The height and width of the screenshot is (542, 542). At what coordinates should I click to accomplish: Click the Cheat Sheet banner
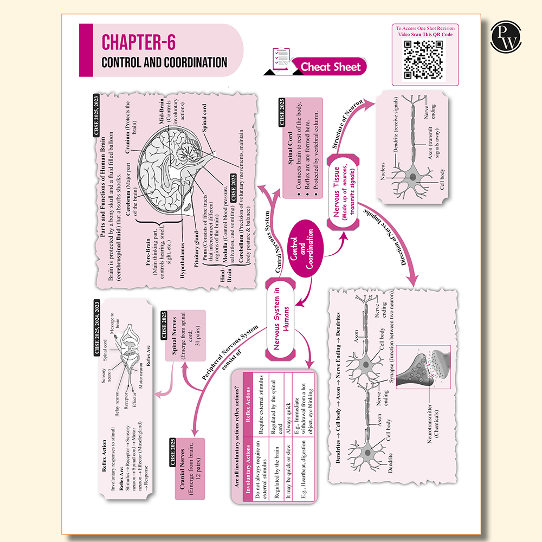330,67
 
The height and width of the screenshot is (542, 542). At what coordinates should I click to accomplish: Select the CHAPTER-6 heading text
139,42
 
